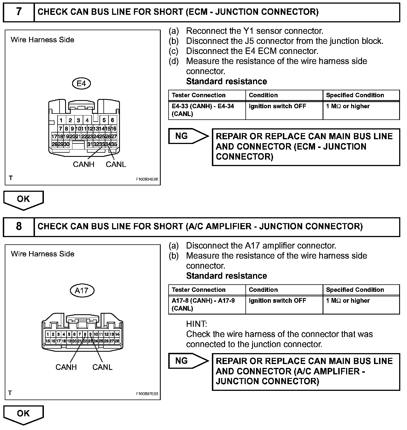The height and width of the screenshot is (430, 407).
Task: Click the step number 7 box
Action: click(x=18, y=12)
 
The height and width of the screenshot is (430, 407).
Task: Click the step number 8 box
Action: click(x=18, y=226)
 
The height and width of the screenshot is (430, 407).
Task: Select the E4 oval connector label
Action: click(x=81, y=83)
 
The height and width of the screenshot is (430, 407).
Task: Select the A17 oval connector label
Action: click(x=82, y=290)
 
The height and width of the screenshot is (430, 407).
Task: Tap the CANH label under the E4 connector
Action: click(x=83, y=164)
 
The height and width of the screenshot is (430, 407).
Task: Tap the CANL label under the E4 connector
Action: click(x=116, y=164)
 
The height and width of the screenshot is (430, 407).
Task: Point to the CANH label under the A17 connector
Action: click(x=66, y=367)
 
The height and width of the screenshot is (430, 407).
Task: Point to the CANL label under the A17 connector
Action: click(x=102, y=367)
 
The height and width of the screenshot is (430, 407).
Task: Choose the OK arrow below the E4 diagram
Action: click(x=23, y=200)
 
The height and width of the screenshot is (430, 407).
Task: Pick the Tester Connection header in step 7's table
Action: click(x=198, y=95)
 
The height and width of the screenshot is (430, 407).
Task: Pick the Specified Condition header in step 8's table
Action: click(x=355, y=290)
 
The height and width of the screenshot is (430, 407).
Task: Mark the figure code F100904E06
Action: click(x=147, y=179)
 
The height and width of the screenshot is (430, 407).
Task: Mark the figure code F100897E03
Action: click(x=147, y=394)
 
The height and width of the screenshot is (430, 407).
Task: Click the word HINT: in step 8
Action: click(x=197, y=324)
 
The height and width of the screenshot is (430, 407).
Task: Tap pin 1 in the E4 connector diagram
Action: click(x=61, y=121)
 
